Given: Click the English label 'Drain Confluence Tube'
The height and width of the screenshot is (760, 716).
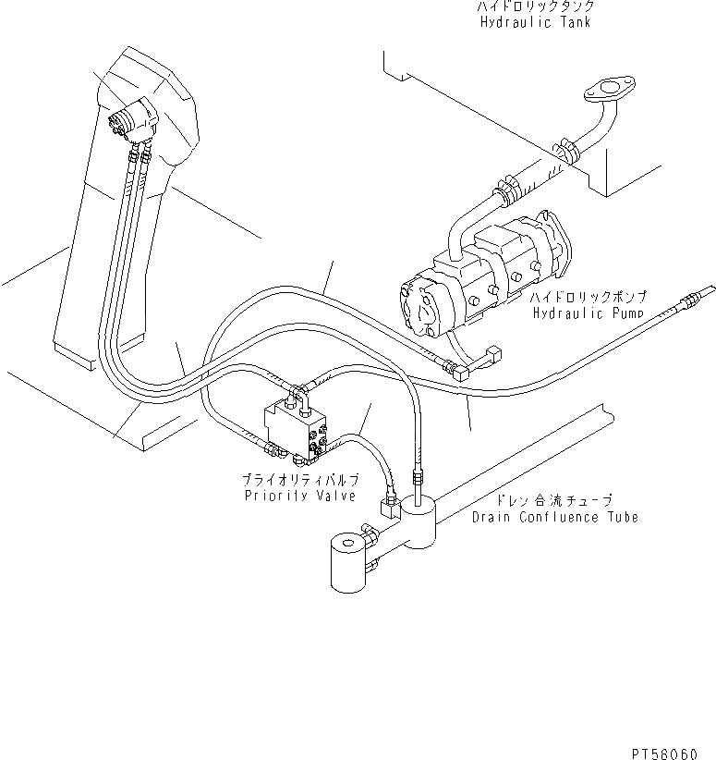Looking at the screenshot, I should [554, 517].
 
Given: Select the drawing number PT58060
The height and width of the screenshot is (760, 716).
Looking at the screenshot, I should [672, 744].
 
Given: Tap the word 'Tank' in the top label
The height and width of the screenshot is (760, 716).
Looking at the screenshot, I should [574, 22].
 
